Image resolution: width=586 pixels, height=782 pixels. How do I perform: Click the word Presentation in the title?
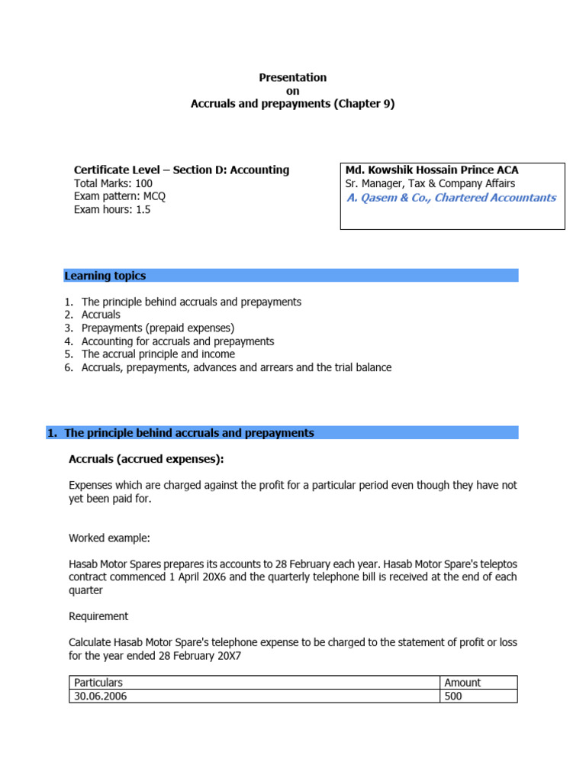[292, 77]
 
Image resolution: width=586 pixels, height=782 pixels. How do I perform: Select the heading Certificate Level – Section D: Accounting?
[181, 170]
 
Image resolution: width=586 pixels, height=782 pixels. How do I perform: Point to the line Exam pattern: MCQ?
[119, 196]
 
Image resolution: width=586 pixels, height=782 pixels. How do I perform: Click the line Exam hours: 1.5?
[111, 209]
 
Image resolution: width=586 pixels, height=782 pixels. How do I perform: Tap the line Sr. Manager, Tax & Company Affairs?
[430, 183]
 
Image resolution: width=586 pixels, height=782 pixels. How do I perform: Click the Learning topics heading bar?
[290, 276]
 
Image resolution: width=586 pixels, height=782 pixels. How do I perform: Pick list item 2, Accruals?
[101, 315]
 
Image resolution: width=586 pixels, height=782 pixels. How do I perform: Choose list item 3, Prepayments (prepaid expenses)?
[157, 328]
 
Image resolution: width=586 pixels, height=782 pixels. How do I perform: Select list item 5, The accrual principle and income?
[158, 354]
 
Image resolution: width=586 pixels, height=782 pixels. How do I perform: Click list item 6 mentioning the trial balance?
[236, 367]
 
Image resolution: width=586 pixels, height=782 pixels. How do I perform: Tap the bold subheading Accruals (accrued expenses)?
[146, 459]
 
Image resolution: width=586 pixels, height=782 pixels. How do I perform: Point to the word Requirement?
[98, 616]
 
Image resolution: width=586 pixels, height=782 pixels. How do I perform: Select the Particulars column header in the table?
[96, 683]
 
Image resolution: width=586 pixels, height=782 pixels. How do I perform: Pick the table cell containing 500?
[455, 696]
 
